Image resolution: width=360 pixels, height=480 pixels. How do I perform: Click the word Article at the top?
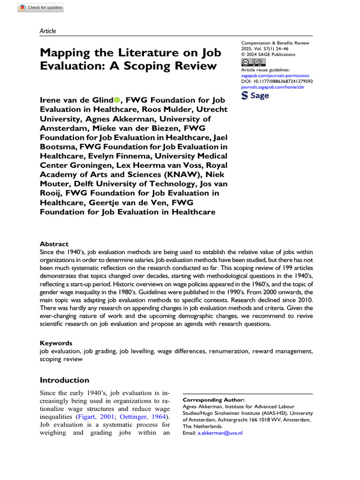[48, 31]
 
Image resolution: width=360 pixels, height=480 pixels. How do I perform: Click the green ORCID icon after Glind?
[117, 100]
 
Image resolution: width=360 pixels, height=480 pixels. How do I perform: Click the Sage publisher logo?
[255, 95]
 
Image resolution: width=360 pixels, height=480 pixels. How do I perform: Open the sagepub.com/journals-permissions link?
[275, 75]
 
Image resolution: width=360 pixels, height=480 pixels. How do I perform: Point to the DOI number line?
[277, 81]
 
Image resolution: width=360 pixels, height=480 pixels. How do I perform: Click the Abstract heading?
[54, 244]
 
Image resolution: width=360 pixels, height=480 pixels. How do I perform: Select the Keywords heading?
[56, 343]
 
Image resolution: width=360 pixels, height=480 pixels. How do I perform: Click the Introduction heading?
[64, 380]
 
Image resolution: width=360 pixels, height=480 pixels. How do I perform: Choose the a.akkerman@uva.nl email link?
[220, 433]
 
